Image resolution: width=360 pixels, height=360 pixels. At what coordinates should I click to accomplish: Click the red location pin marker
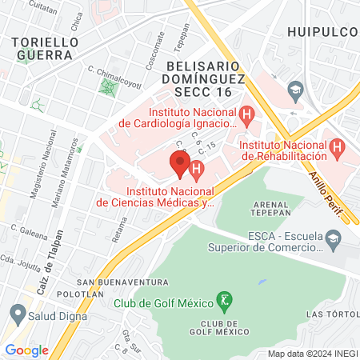click(179, 164)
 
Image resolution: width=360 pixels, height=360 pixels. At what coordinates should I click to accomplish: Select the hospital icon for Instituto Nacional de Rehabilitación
click(337, 147)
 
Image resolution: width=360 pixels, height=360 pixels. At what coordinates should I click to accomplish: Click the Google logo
click(26, 350)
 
